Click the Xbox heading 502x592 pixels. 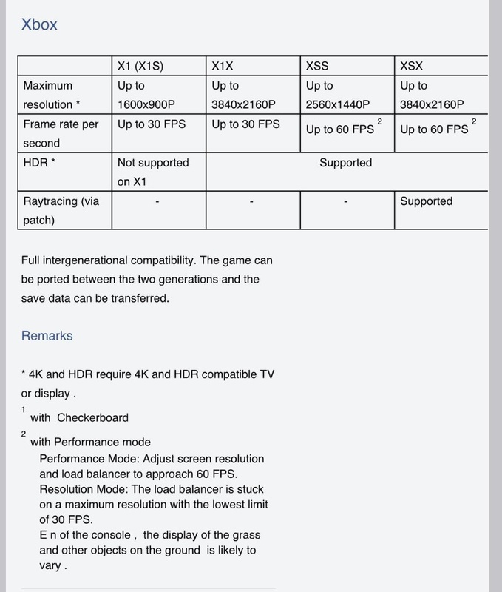[39, 24]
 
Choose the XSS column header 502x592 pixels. [318, 66]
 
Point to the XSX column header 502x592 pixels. [413, 66]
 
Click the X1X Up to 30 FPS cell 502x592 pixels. [245, 124]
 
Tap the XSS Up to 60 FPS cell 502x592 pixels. [340, 129]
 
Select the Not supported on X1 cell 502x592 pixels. [153, 171]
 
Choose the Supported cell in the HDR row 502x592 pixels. [345, 162]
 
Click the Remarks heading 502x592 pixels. [47, 335]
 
